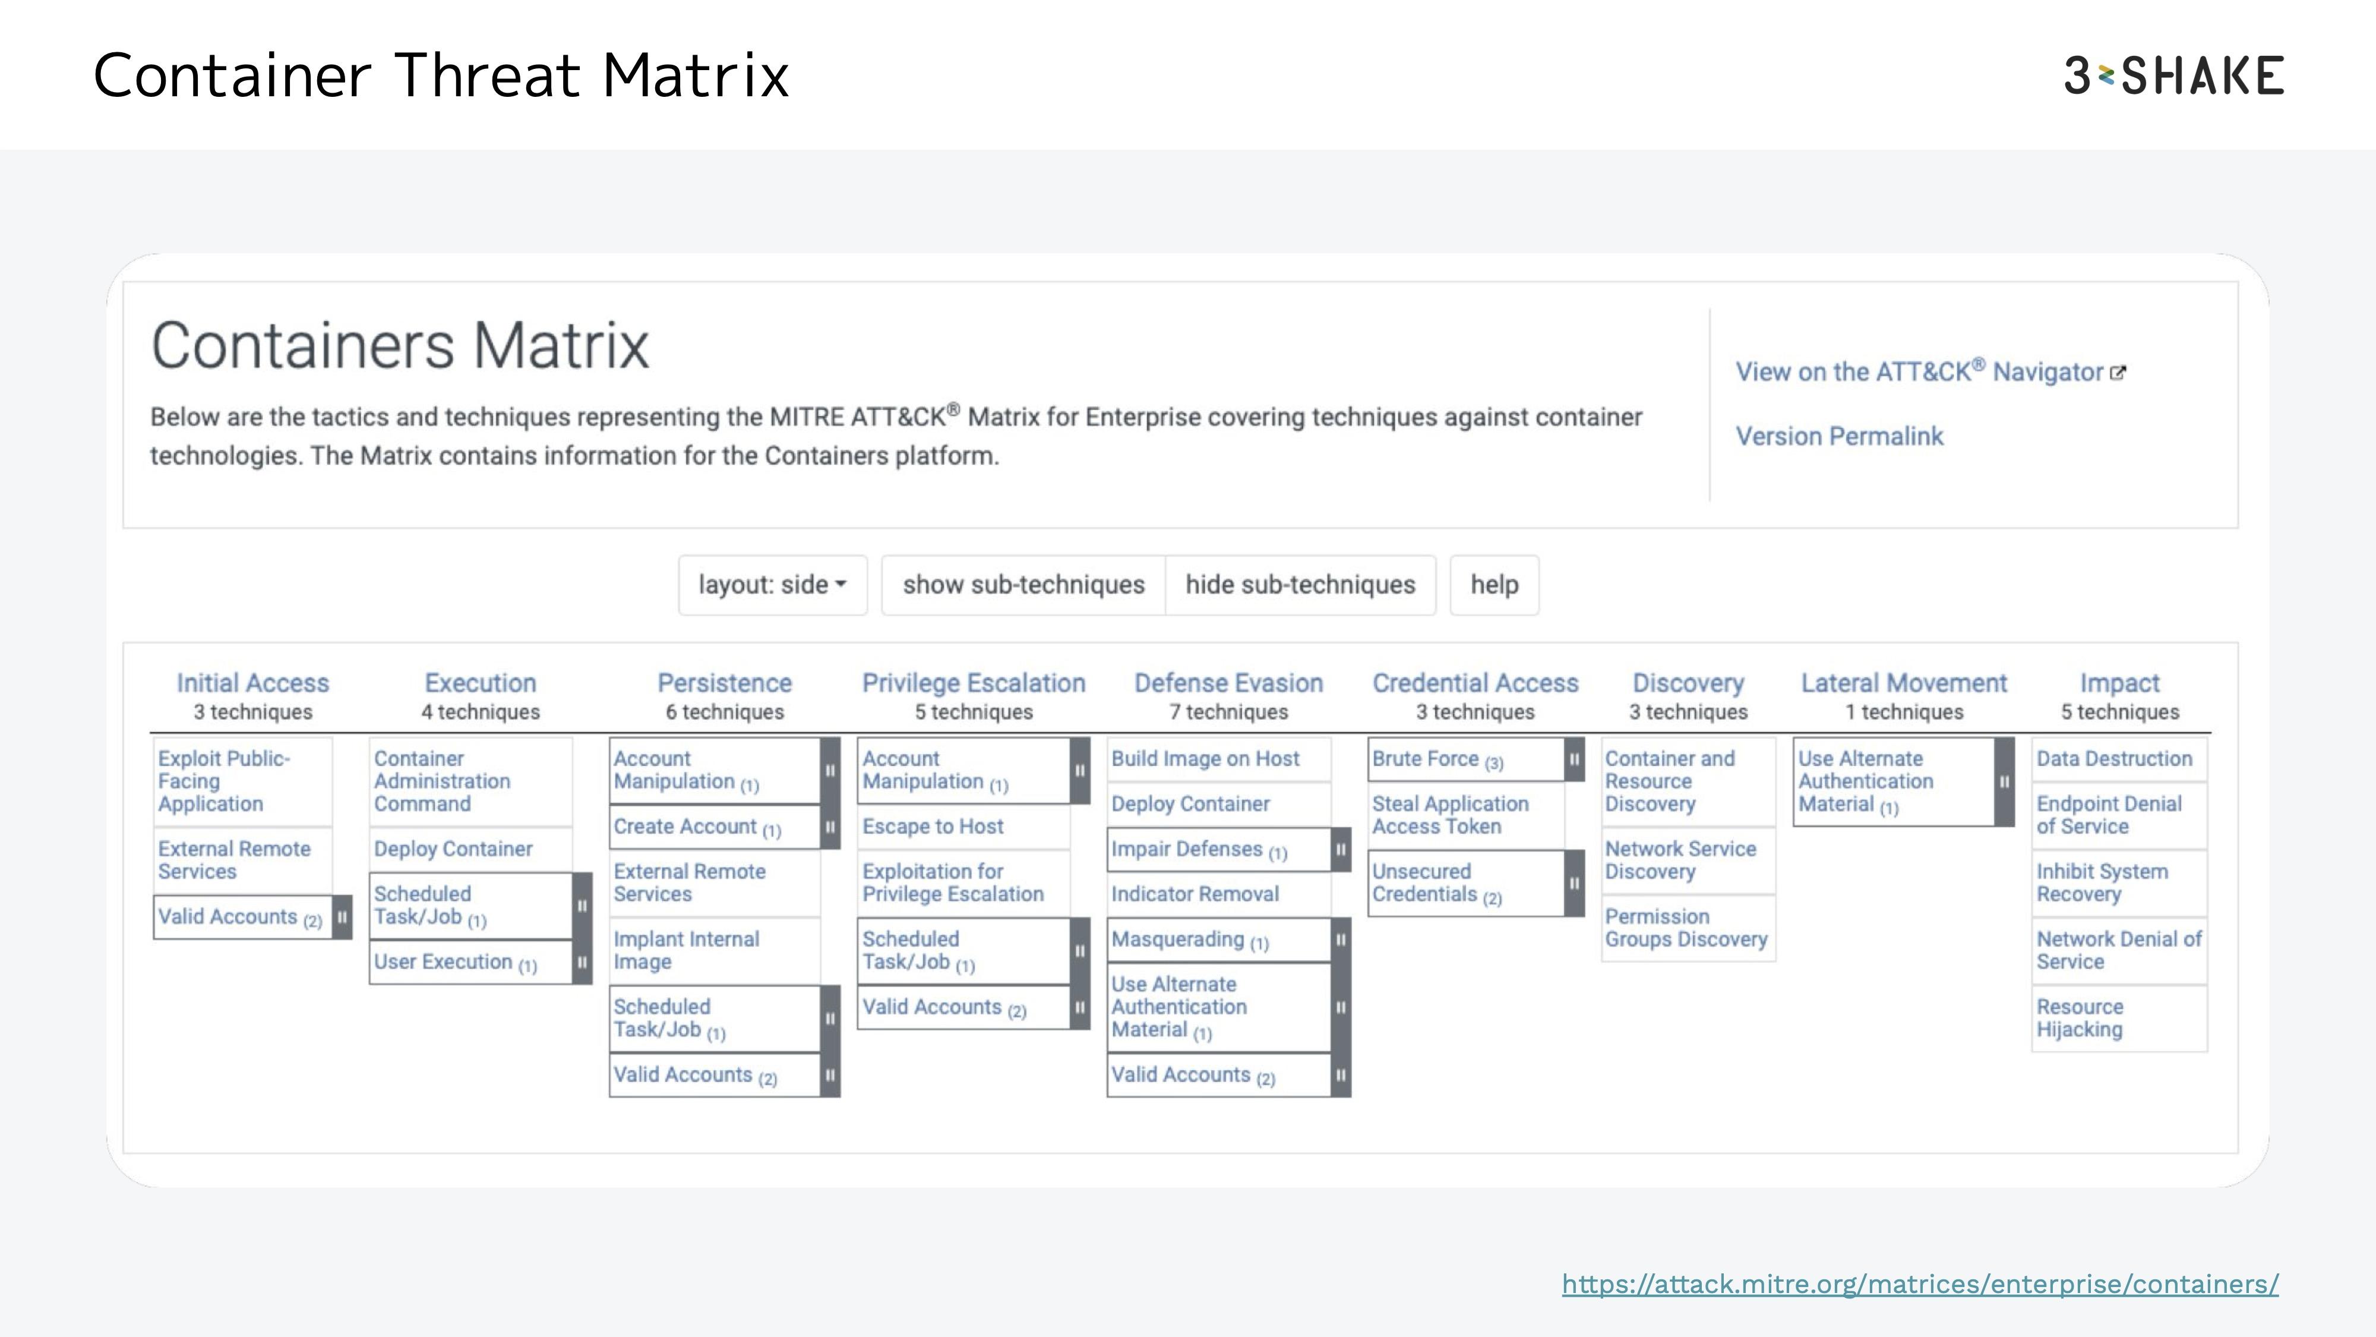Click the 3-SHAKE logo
click(2174, 75)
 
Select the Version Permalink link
click(1839, 436)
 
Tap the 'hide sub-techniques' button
click(1300, 584)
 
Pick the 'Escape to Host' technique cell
click(964, 827)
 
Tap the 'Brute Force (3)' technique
click(1467, 759)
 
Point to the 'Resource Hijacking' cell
click(2119, 1018)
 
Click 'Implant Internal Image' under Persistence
click(715, 950)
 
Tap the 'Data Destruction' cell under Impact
click(2119, 758)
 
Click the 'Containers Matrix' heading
click(400, 345)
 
